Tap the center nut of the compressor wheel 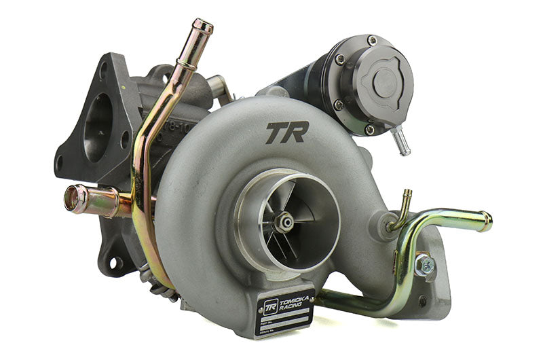(284, 221)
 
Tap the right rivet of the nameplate (310, 293)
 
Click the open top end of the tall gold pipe (202, 26)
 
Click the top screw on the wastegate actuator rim (371, 41)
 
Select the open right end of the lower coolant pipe (486, 222)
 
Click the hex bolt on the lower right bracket (425, 264)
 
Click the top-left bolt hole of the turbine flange (102, 68)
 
